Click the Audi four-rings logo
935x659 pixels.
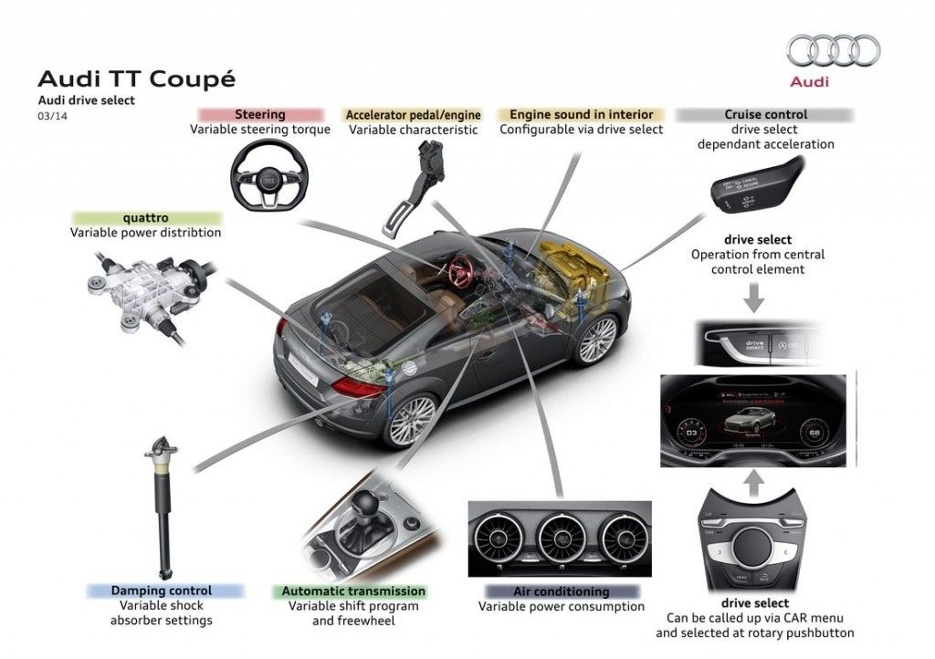[x=834, y=51]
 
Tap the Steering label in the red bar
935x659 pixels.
[x=260, y=115]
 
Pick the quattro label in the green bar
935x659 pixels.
[x=145, y=218]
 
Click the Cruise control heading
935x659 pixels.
[x=765, y=115]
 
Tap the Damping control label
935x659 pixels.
[x=162, y=591]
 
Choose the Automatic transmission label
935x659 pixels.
[x=353, y=591]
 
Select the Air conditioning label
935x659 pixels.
[x=561, y=591]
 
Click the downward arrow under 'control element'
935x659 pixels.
[x=755, y=297]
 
